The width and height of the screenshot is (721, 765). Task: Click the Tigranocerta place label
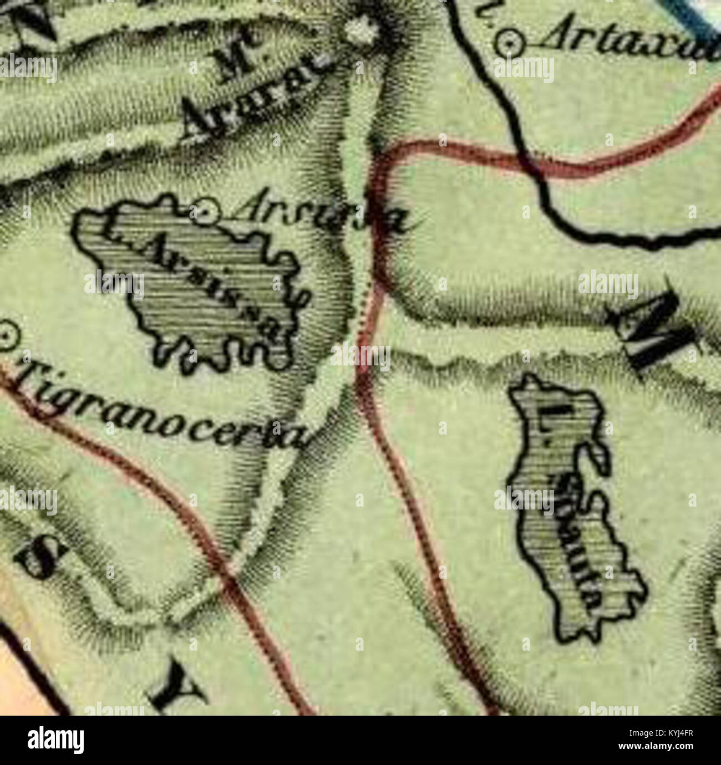point(161,405)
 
